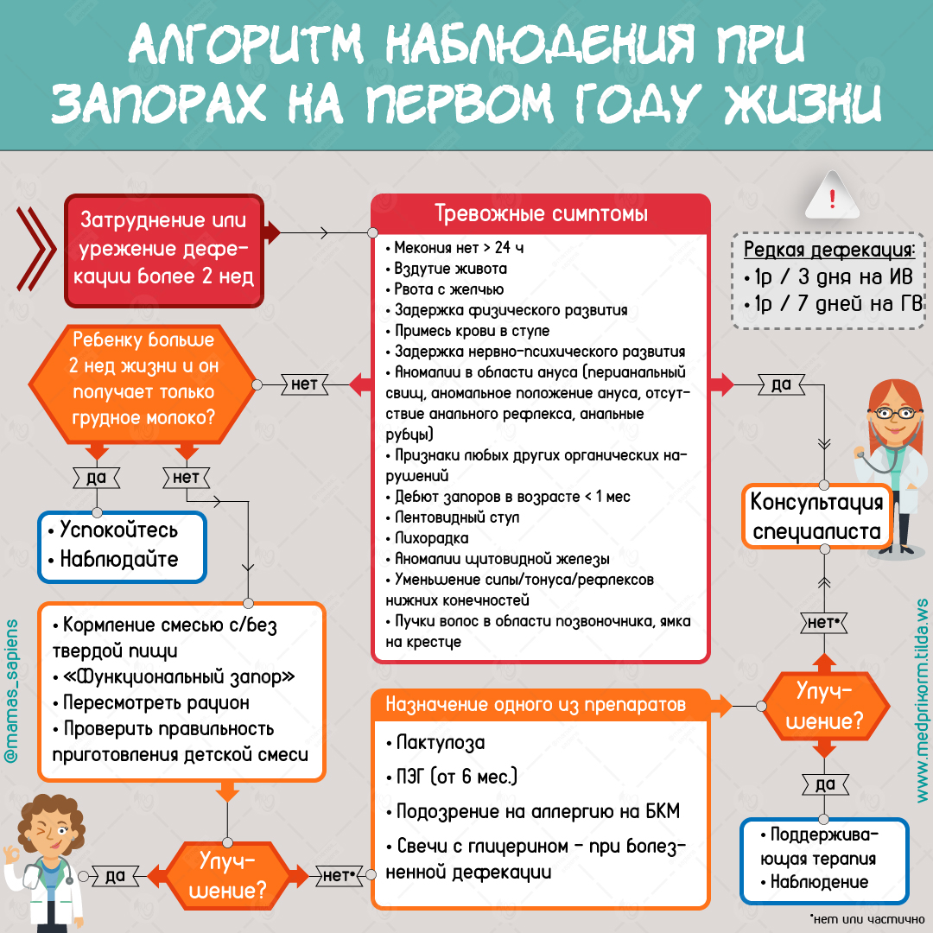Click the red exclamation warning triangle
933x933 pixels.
coord(832,196)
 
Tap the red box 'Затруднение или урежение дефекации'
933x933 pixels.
coord(163,251)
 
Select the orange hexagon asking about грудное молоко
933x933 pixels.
coord(143,384)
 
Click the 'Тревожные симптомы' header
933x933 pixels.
coord(540,213)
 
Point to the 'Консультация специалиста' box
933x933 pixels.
coord(816,517)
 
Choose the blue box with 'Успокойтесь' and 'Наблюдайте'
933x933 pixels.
coord(122,547)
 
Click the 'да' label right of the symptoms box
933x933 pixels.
coord(781,384)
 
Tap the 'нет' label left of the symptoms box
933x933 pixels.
coord(304,384)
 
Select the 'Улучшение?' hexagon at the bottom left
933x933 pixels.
coord(227,875)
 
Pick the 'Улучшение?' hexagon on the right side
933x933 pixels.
coord(825,707)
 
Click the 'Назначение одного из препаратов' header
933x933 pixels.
coord(536,705)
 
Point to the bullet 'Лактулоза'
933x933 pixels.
coord(435,743)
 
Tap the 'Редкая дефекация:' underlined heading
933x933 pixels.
coord(828,250)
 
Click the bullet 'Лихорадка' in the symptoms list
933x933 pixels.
coord(428,538)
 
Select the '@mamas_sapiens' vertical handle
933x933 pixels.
coord(10,691)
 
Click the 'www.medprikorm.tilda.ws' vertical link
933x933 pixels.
coord(922,701)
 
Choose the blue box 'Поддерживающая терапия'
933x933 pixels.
coord(825,860)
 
